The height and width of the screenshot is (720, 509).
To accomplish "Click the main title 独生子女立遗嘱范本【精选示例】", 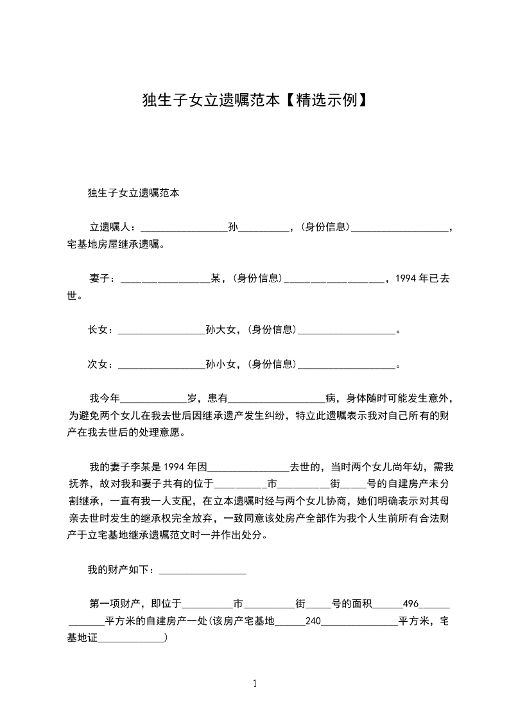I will coord(254,101).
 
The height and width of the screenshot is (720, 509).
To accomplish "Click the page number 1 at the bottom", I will coord(255,684).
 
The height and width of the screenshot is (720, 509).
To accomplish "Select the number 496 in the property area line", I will coord(410,604).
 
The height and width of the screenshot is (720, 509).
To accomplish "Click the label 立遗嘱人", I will coord(111,227).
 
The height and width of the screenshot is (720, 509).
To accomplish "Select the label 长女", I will coord(100,330).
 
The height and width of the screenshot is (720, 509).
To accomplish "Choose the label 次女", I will coord(100,364).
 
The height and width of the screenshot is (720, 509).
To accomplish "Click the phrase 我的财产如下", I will coord(120,569).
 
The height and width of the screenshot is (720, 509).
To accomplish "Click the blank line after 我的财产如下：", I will coord(202,570).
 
